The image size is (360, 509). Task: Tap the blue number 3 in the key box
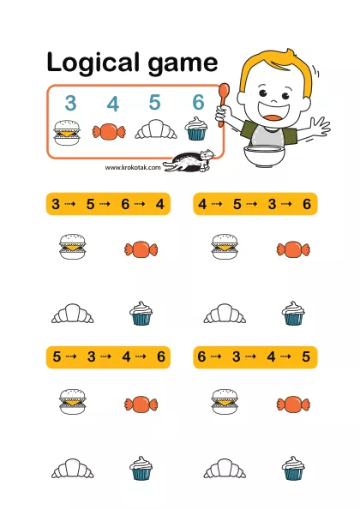[x=70, y=103]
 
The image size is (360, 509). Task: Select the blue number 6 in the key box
[x=198, y=102]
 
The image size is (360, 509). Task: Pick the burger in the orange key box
[x=67, y=133]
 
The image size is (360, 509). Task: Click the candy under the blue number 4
[x=109, y=132]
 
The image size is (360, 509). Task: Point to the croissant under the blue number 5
[x=156, y=129]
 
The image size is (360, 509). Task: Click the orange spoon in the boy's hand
[x=223, y=105]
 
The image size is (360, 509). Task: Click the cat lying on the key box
[x=189, y=161]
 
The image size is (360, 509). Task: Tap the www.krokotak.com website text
[x=133, y=167]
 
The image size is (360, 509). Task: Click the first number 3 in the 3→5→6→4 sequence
[x=56, y=204]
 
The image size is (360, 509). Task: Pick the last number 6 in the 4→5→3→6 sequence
[x=307, y=204]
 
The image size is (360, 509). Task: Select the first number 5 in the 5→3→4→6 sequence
[x=57, y=356]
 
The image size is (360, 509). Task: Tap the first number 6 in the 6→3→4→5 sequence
[x=201, y=356]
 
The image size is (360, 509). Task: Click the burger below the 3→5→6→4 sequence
[x=73, y=247]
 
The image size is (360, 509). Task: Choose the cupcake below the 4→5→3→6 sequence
[x=293, y=314]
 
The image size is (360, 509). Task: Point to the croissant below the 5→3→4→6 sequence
[x=73, y=468]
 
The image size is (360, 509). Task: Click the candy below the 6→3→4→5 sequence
[x=293, y=404]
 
